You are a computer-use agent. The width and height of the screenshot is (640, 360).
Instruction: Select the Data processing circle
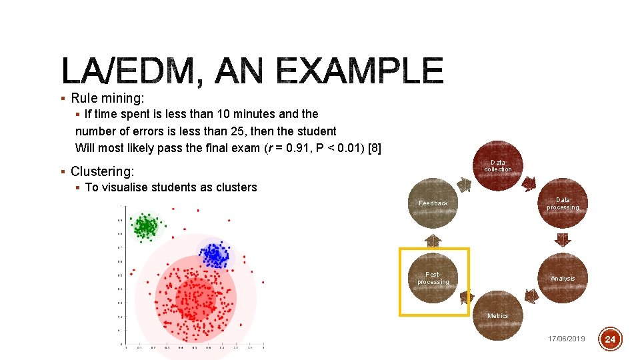[563, 204]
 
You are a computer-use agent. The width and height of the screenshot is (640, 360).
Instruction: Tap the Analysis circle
[563, 279]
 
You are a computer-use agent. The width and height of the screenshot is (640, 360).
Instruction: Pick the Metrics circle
[498, 315]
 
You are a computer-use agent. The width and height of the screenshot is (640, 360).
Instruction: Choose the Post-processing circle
[433, 279]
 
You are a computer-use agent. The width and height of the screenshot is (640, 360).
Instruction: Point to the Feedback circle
[433, 203]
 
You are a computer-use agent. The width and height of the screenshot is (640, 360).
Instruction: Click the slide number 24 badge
[611, 339]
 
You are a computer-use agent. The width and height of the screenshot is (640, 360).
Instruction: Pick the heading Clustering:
[102, 171]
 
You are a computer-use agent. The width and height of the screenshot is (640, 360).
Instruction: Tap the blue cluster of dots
[214, 254]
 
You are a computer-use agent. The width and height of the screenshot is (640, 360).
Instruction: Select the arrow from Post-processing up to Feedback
[433, 241]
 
